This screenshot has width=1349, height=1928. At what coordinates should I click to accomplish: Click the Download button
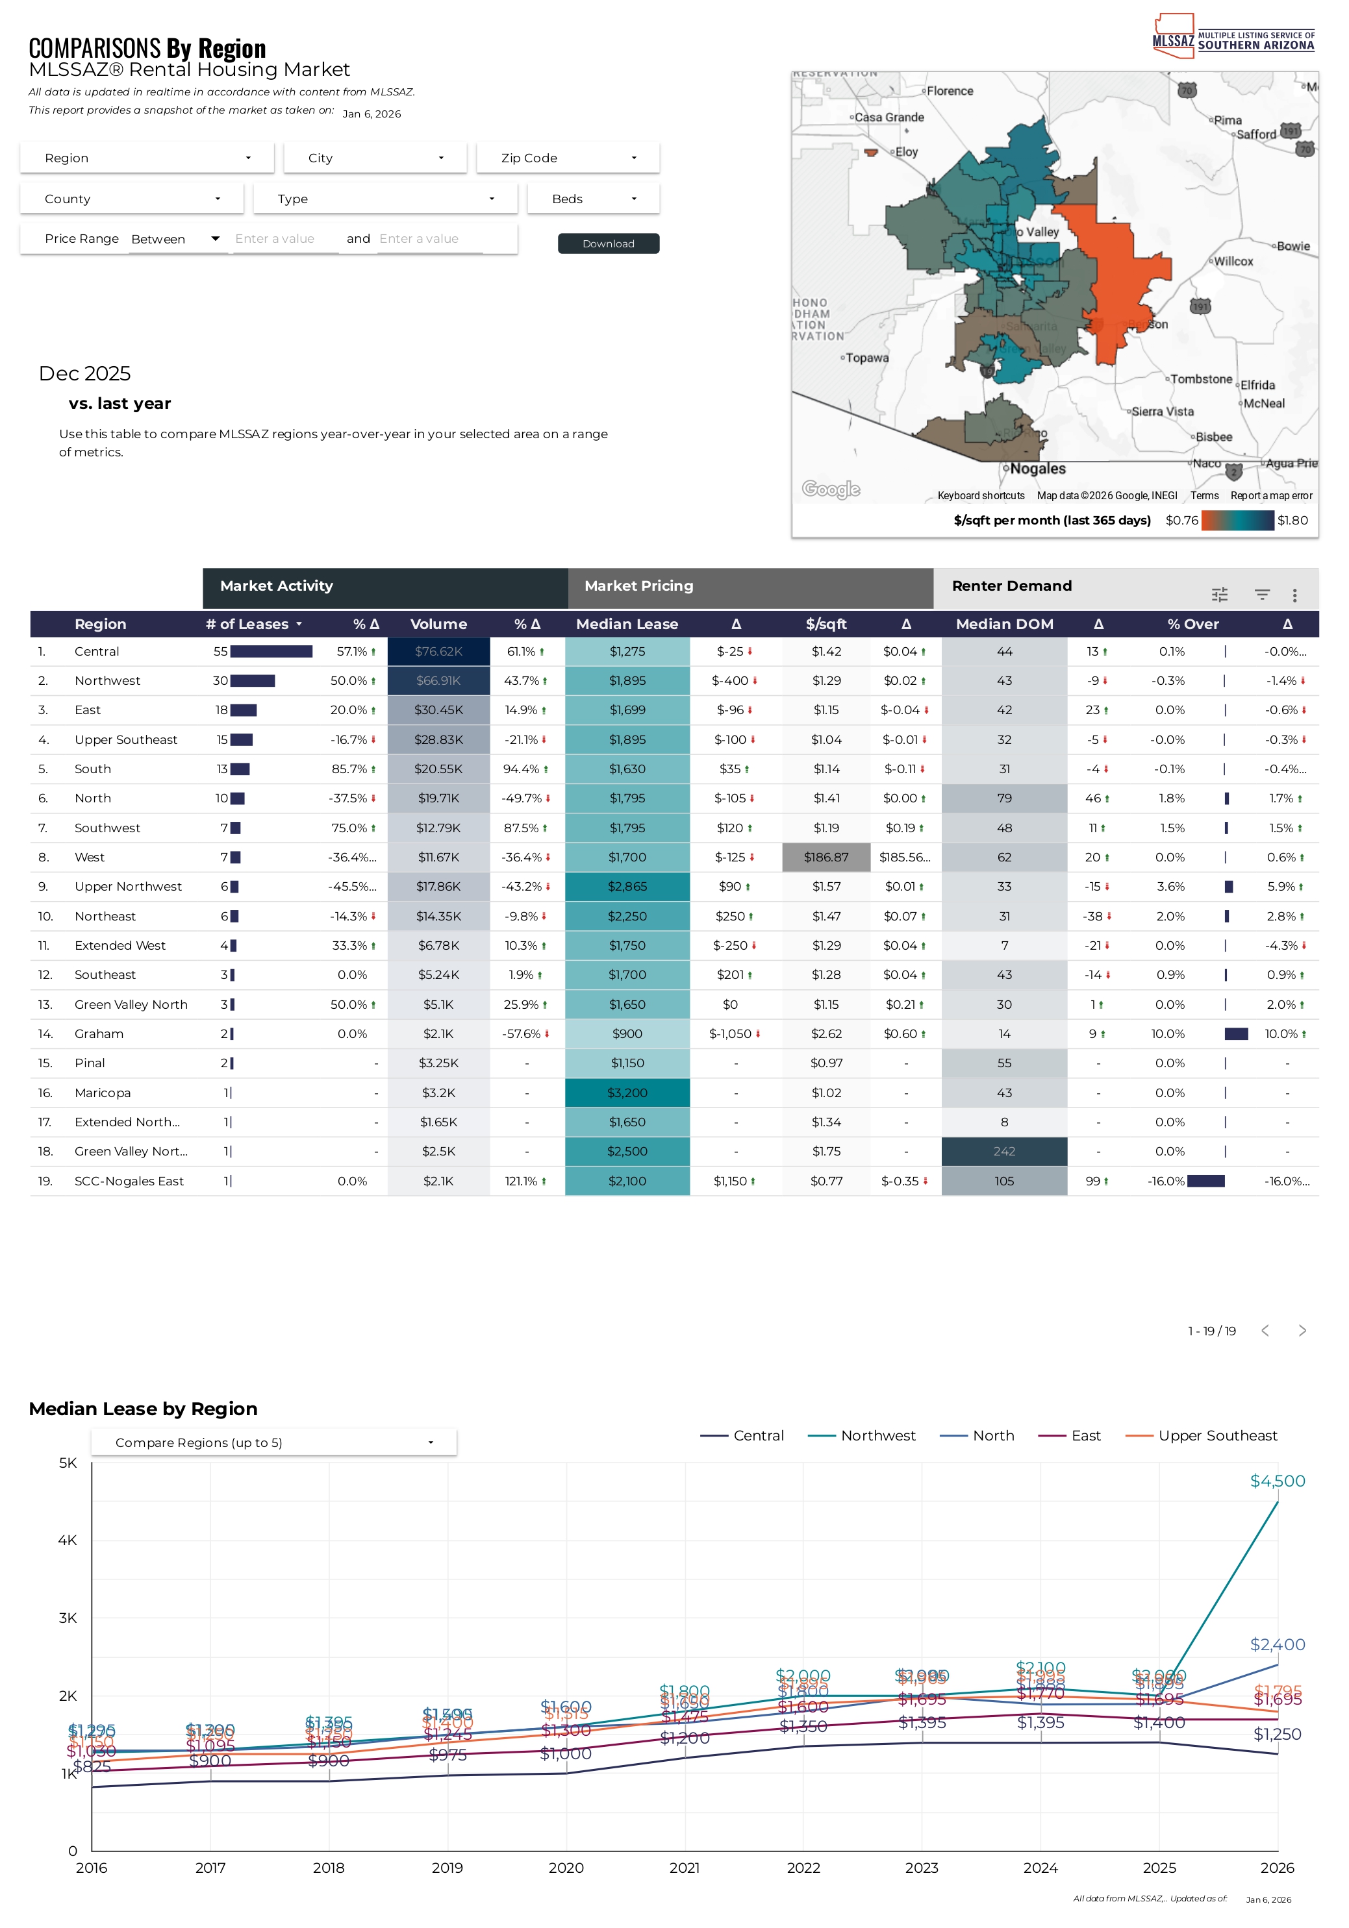click(608, 243)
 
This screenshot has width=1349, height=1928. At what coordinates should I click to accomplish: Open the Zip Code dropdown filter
click(568, 158)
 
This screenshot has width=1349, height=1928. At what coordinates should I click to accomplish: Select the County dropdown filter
click(132, 199)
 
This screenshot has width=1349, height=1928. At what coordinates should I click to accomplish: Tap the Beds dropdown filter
click(593, 199)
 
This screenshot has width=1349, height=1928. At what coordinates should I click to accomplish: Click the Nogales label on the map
click(1037, 469)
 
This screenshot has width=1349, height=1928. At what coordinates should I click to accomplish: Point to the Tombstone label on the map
click(1201, 380)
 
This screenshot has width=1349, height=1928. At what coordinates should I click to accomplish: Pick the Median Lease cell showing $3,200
click(627, 1093)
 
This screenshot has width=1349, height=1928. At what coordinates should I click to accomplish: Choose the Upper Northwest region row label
click(128, 887)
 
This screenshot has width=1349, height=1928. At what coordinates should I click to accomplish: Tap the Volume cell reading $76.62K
click(438, 652)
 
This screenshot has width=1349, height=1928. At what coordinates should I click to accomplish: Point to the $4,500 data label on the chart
click(1277, 1481)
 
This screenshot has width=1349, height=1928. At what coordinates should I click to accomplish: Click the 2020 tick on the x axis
click(566, 1868)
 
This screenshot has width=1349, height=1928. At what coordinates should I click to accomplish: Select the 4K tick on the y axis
click(67, 1540)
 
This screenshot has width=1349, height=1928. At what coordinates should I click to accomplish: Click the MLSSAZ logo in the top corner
click(1232, 37)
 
